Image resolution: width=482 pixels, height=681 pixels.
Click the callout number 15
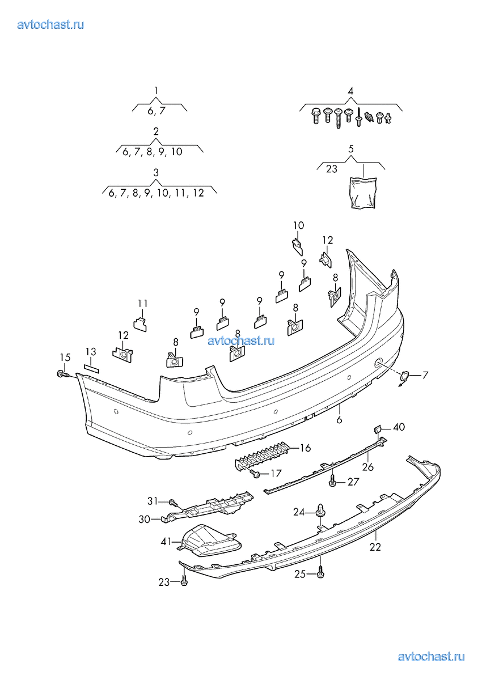65,357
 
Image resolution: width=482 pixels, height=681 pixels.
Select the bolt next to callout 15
61,374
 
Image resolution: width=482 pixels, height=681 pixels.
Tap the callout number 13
91,351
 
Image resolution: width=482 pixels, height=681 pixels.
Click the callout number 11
142,303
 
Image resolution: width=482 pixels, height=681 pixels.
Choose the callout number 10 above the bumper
298,225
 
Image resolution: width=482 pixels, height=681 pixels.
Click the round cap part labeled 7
404,377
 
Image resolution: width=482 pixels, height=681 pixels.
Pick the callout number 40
399,427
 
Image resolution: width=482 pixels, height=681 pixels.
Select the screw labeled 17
256,472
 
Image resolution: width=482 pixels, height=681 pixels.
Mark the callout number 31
153,501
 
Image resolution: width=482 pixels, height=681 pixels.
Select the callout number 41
167,542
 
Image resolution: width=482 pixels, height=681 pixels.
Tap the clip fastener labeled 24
322,512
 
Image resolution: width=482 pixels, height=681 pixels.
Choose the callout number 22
375,547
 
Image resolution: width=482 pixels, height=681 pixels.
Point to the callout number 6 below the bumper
340,420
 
